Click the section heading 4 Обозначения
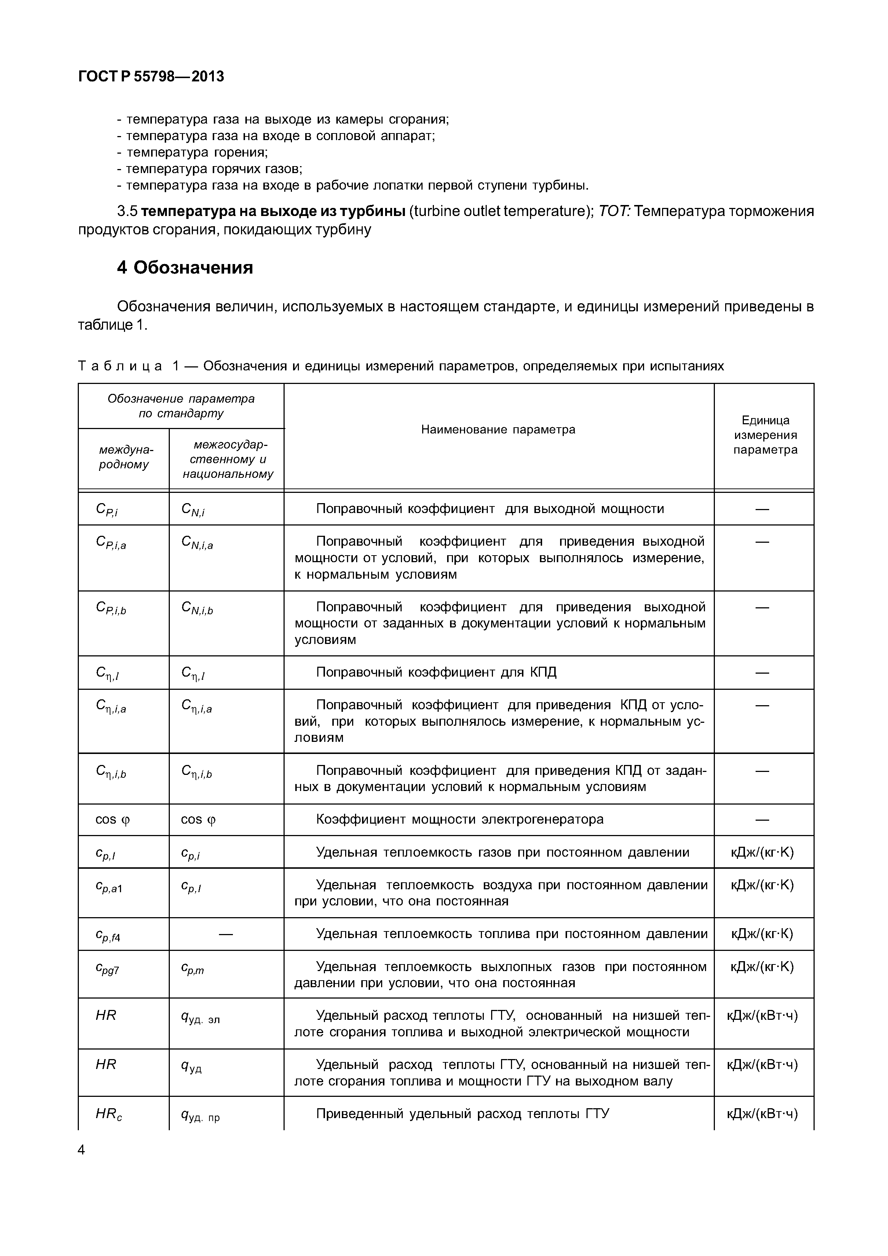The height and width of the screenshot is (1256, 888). [x=185, y=267]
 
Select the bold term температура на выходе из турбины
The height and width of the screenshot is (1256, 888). [x=276, y=211]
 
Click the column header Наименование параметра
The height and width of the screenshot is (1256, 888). [x=498, y=429]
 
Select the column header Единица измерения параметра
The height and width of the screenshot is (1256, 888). [x=765, y=435]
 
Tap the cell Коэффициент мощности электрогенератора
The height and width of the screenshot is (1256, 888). [x=460, y=819]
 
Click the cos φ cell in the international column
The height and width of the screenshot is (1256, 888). [x=113, y=819]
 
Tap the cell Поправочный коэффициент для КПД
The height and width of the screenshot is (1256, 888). [x=436, y=672]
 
